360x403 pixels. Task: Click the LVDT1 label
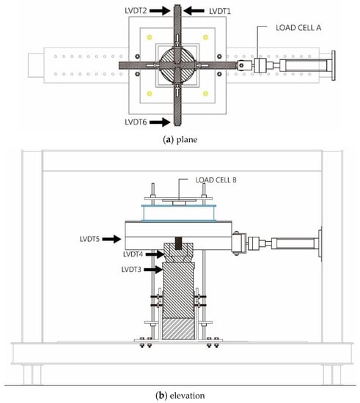click(220, 11)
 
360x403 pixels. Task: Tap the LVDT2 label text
click(136, 10)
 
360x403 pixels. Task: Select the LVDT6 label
click(136, 122)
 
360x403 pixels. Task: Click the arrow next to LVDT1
click(194, 11)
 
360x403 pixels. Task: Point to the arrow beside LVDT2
click(160, 10)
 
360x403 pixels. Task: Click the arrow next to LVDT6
click(160, 122)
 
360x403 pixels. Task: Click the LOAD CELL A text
click(298, 28)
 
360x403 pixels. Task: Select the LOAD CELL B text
click(216, 180)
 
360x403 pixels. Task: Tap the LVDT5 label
click(89, 239)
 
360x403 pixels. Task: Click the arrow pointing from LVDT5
click(111, 239)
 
